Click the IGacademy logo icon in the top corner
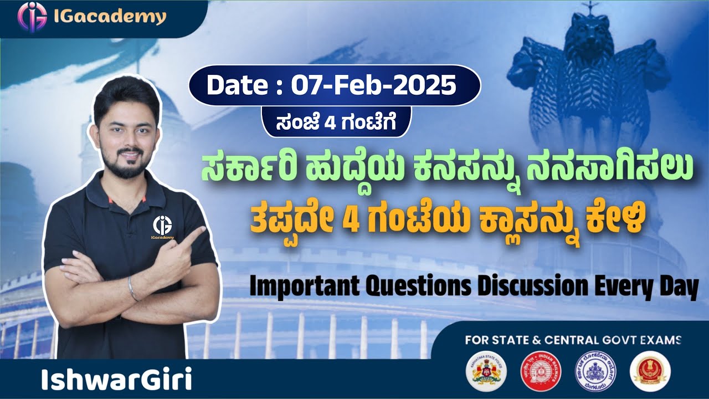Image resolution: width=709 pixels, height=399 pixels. point(32,17)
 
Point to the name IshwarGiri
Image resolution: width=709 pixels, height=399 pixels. point(116,380)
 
